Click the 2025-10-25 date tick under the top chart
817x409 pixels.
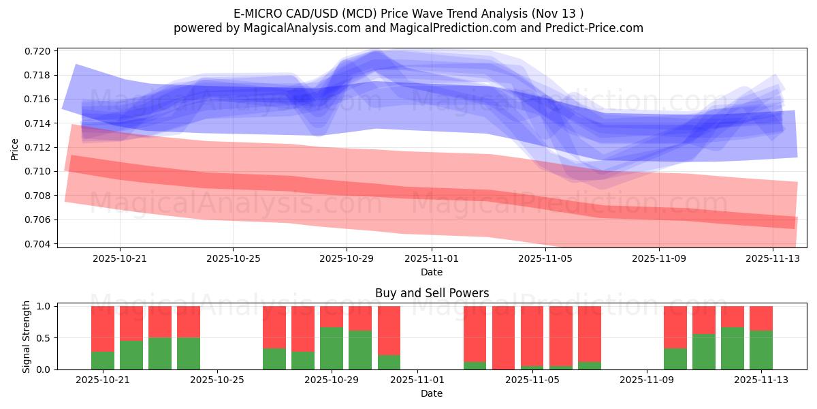click(233, 258)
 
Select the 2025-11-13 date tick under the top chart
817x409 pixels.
click(773, 258)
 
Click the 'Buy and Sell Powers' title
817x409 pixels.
click(432, 294)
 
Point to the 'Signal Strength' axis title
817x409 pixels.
click(27, 337)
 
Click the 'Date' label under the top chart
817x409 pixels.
click(432, 272)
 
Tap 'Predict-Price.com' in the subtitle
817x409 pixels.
click(596, 28)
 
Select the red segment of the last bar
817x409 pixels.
click(761, 318)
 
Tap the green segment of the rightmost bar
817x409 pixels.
click(761, 350)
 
